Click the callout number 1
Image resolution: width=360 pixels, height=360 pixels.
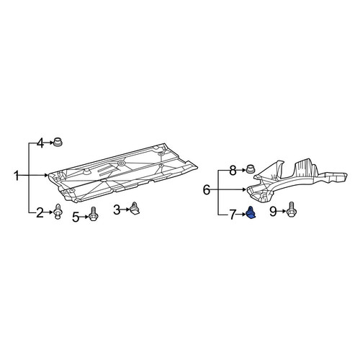(17, 176)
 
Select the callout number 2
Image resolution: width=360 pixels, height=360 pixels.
(40, 212)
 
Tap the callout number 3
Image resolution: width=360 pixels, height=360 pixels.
(117, 210)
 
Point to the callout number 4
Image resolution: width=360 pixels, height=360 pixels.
(40, 143)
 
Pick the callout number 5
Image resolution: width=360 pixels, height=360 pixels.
(76, 217)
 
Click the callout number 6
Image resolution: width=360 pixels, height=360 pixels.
(207, 190)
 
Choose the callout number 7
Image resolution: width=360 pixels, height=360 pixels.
(232, 215)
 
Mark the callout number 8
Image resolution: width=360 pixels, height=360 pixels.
(233, 171)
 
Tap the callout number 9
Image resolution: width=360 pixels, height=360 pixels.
(273, 212)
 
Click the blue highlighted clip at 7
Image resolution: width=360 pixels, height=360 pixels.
(251, 213)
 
